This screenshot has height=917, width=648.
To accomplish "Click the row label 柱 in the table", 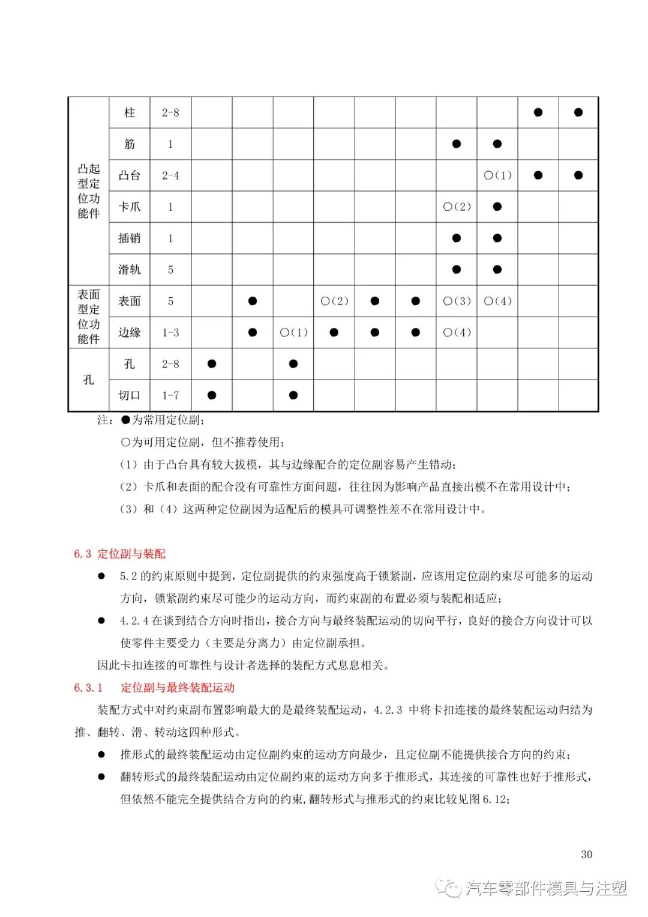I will tap(129, 112).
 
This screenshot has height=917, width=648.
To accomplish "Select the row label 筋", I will tap(129, 144).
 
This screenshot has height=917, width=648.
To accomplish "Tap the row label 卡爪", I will tap(129, 207).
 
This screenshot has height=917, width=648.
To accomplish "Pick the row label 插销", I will tap(129, 238).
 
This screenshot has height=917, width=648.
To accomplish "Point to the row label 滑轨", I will tap(129, 270).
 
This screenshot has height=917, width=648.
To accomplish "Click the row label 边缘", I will tap(129, 332).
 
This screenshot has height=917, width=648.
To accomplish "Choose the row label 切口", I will tap(129, 395).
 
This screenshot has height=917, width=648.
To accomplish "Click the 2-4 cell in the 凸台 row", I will tap(170, 175).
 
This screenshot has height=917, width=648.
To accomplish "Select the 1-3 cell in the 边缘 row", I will tap(170, 332).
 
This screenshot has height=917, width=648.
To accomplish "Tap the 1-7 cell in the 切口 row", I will tap(170, 395).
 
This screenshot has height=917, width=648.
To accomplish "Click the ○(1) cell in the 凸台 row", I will tap(497, 175).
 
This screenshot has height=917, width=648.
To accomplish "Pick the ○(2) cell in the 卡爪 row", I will tap(457, 207).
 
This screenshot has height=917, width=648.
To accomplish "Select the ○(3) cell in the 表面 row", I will tap(457, 301).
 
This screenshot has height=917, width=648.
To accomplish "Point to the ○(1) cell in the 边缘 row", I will tap(293, 332).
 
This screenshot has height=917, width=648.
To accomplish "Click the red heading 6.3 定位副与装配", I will tap(119, 554).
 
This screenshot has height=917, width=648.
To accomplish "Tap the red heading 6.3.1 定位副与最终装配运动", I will tap(154, 688).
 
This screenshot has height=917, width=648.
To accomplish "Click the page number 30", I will tap(586, 854).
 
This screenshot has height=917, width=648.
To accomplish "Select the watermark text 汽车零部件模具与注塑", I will tap(546, 888).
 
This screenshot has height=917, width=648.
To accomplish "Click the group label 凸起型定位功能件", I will tap(88, 191).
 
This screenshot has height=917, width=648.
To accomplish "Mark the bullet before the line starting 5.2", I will tap(101, 576).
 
